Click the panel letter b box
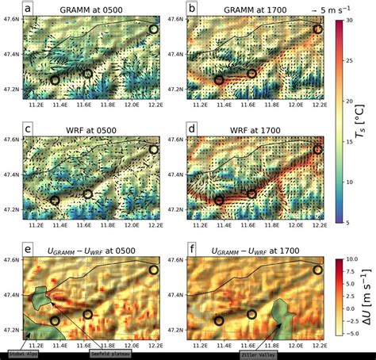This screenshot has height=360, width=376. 192,8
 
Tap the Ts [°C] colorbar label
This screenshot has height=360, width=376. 367,120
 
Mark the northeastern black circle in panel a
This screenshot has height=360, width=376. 153,29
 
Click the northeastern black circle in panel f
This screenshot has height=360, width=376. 318,270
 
